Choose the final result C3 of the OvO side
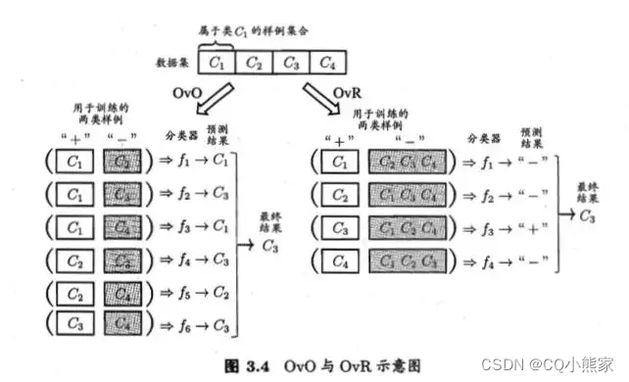268,247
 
